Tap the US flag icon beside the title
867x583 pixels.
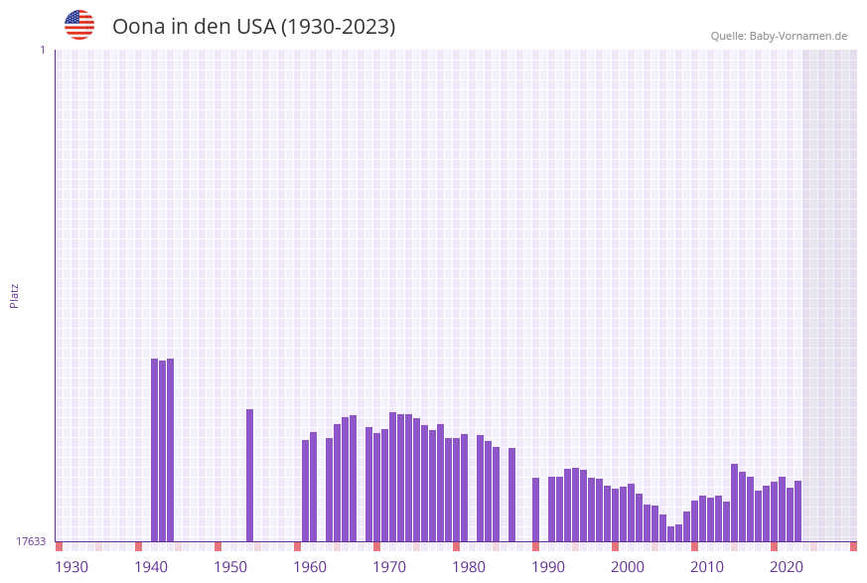(x=79, y=25)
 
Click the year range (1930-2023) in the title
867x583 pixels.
(x=338, y=27)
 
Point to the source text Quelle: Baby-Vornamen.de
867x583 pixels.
(x=779, y=36)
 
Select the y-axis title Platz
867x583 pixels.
(x=15, y=295)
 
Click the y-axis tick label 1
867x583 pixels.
(x=42, y=50)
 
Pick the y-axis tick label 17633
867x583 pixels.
(x=31, y=541)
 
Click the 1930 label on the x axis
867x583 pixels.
(x=72, y=567)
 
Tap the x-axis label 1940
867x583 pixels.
(x=151, y=567)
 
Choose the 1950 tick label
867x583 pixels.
(x=230, y=567)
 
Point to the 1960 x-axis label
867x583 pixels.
(x=310, y=567)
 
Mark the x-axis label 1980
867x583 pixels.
(x=469, y=567)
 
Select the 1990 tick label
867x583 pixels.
(x=548, y=567)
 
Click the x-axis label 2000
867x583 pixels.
(x=628, y=567)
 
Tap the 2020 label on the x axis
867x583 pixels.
(x=787, y=567)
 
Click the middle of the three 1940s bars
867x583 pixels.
(x=163, y=451)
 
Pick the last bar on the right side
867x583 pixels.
(x=798, y=510)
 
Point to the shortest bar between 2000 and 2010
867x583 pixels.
(x=671, y=534)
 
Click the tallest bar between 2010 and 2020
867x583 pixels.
(x=735, y=503)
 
